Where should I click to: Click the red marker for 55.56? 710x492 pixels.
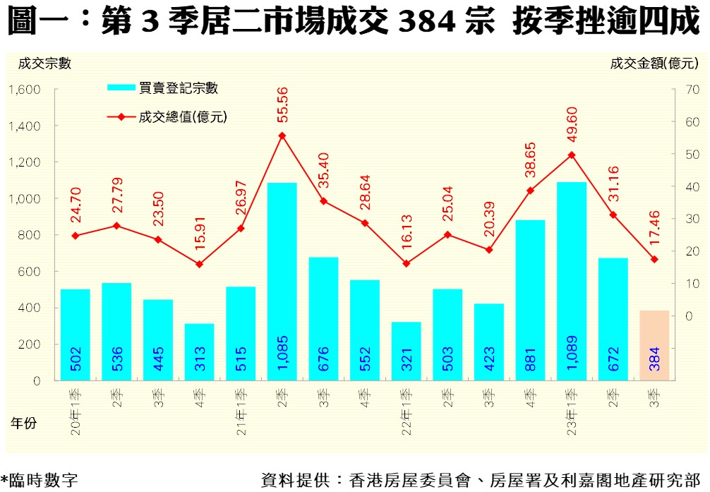coord(282,136)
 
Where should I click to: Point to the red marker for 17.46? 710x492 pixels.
coord(654,259)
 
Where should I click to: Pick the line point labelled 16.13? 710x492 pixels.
coord(406,263)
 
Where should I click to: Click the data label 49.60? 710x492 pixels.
coord(572,124)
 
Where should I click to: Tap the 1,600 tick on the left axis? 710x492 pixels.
coord(25,90)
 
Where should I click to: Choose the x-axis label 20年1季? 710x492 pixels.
coord(76,412)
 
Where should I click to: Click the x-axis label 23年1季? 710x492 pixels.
coord(572,412)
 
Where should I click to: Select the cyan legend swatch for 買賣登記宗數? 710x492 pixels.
coord(121,88)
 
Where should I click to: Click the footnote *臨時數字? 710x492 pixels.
coord(40,480)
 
